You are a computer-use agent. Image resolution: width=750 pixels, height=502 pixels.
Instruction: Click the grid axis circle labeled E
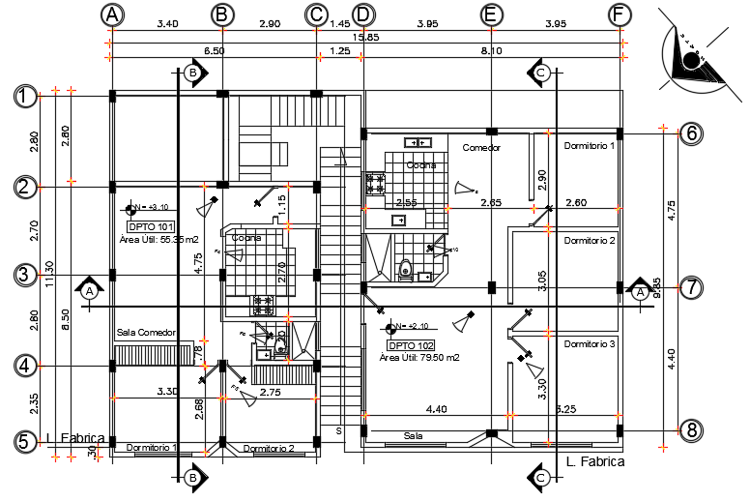pos(492,15)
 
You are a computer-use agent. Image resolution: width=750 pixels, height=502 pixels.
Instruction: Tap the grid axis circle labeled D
pos(362,15)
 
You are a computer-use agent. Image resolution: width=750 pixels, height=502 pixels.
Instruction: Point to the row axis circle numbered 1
pos(25,96)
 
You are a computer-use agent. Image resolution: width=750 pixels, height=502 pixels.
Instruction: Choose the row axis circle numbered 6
pos(689,133)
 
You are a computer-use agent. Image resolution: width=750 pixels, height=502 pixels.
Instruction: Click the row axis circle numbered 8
pos(689,429)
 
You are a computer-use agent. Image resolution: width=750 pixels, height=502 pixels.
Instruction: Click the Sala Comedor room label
pos(146,333)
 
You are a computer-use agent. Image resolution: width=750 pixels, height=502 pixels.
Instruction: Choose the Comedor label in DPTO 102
pos(480,148)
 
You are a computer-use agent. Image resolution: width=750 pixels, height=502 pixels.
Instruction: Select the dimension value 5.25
pos(565,410)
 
